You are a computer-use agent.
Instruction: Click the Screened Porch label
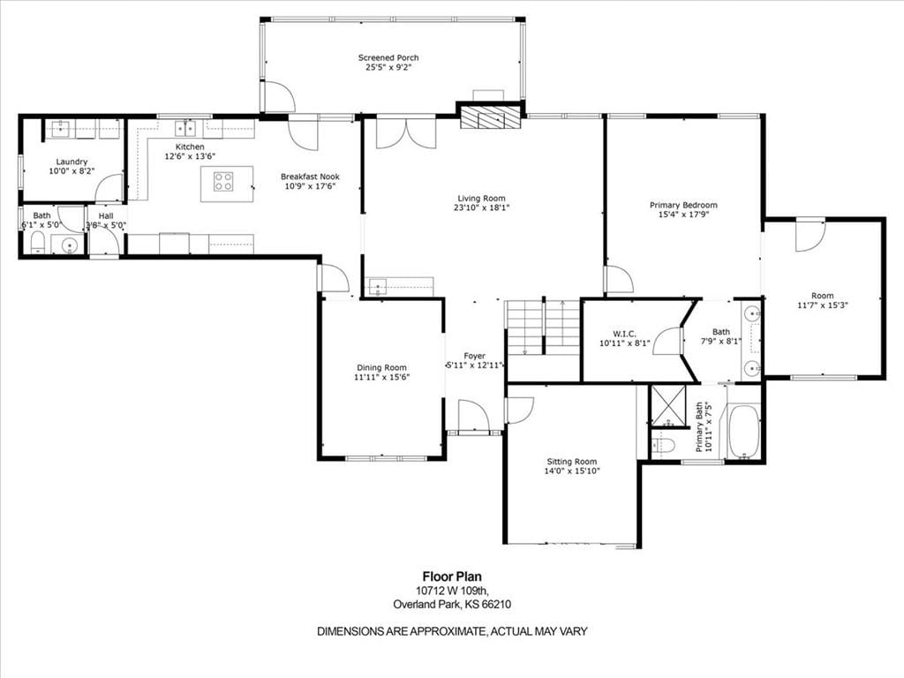388,57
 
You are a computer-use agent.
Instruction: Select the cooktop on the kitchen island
223,182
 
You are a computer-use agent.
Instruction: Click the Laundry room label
72,162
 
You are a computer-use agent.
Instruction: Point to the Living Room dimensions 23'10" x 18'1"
481,207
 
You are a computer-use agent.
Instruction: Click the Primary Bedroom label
683,205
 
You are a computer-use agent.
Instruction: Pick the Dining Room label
381,368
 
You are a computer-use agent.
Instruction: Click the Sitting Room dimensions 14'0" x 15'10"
572,471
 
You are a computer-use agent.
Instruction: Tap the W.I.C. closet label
624,334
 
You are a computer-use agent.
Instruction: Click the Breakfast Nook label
310,177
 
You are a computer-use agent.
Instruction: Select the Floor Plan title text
452,576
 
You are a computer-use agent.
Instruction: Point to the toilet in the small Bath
37,244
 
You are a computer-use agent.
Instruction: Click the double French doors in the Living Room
406,133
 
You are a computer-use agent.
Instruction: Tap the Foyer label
474,356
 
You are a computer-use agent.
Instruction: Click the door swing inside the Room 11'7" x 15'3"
810,235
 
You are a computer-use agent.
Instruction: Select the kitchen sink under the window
185,127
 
